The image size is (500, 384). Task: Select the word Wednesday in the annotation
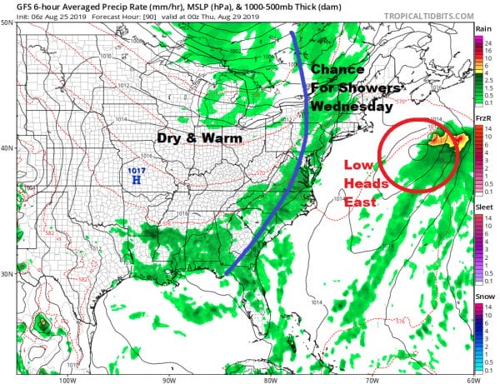[x=352, y=107]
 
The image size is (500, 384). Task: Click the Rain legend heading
[x=482, y=29]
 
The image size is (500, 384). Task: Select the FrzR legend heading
[x=482, y=119]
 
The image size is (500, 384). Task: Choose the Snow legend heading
[x=483, y=298]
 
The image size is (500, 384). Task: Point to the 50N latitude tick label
[x=7, y=23]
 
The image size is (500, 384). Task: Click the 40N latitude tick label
[x=7, y=148]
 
